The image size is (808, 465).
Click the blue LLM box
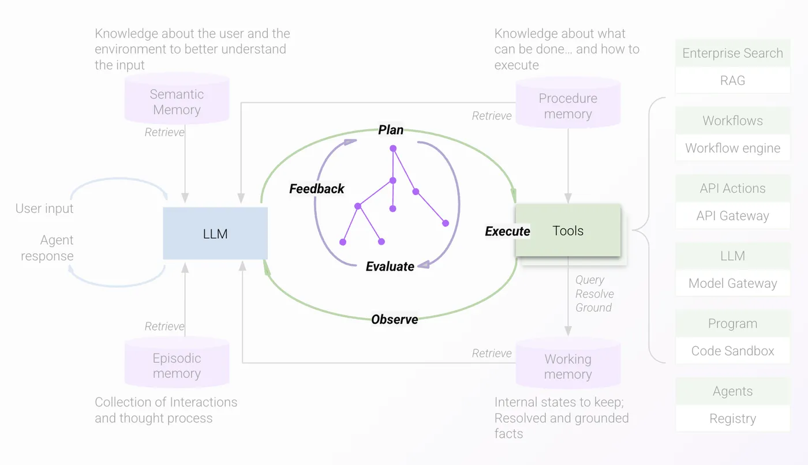215,233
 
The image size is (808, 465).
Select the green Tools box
568,231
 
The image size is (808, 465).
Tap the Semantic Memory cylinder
177,102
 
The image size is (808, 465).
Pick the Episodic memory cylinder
177,365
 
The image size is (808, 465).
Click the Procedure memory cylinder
568,106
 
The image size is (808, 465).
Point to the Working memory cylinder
568,366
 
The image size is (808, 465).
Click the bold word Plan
391,130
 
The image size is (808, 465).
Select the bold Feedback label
316,189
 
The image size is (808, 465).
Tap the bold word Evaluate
390,267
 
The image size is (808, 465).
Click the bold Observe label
395,319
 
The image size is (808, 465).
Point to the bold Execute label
507,231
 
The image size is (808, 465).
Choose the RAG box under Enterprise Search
732,81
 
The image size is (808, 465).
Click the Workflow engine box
732,148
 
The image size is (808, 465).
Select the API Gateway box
732,216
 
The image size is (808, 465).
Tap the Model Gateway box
732,283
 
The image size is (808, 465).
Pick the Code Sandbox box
732,351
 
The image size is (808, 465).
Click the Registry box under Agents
732,419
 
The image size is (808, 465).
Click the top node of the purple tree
393,149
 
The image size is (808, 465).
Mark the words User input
44,208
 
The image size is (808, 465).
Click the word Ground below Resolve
593,307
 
